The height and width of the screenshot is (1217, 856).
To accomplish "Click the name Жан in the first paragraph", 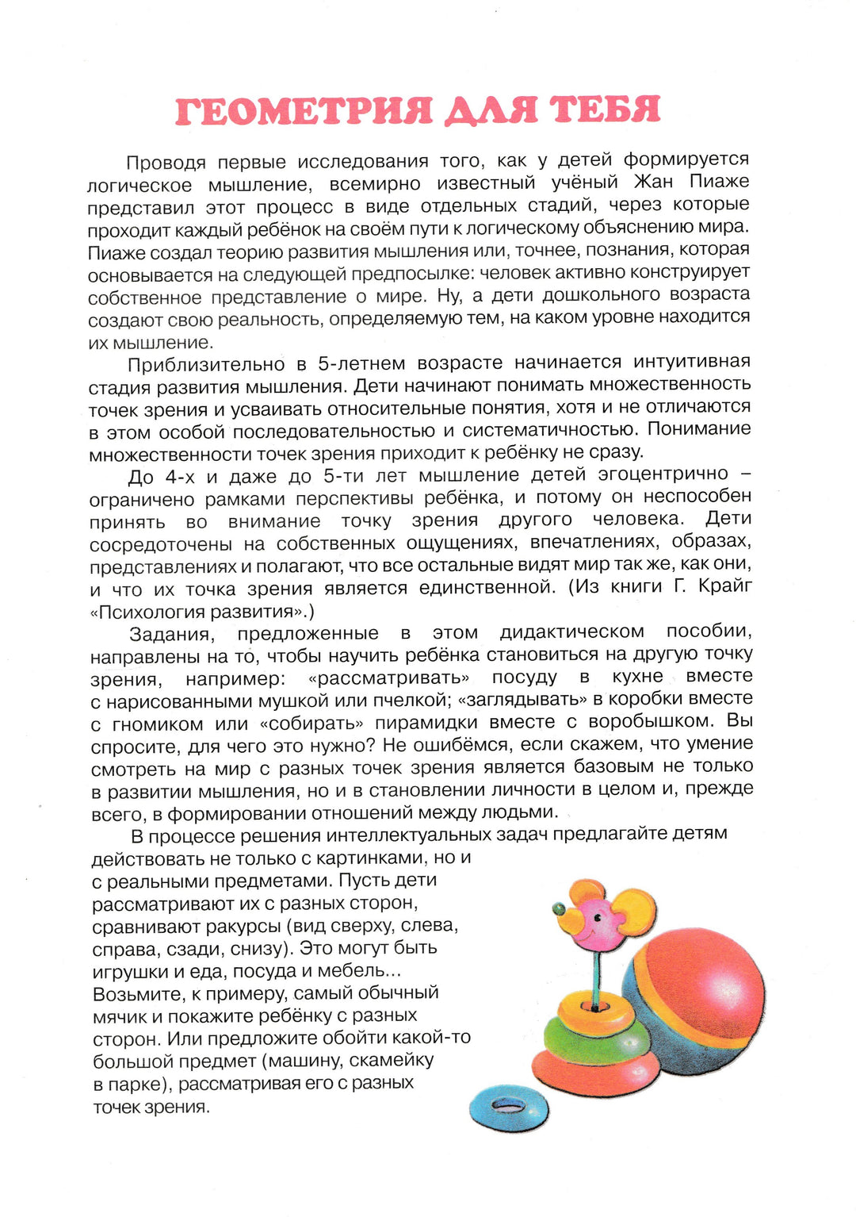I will coord(652,182).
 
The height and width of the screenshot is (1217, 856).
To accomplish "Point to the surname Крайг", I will coord(725,586).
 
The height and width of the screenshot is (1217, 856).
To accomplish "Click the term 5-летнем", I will coord(361,363).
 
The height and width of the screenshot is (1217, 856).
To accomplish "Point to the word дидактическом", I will coord(571,632).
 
